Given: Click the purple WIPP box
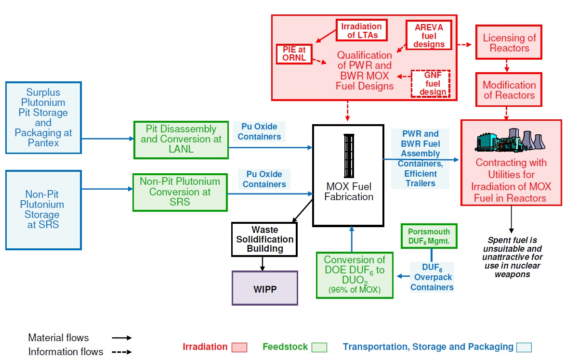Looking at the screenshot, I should click(264, 288).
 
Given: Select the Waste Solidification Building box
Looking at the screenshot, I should click(264, 239).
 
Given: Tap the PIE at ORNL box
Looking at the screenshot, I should click(294, 54).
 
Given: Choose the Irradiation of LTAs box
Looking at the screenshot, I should click(361, 30).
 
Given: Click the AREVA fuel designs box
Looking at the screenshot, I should click(429, 35).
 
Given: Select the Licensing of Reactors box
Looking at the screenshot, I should click(509, 43).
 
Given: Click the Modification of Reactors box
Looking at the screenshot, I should click(509, 90).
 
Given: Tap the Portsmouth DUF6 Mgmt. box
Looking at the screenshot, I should click(429, 236).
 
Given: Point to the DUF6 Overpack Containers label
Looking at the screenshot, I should click(432, 278).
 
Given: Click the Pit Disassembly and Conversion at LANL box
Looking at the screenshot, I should click(181, 140).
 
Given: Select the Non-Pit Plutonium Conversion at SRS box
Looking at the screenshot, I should click(180, 192).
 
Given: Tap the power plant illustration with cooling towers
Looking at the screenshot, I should click(511, 140).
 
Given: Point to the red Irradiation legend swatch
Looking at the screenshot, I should click(239, 347).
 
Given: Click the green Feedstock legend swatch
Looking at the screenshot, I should click(319, 347).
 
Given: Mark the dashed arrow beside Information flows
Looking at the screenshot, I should click(122, 352).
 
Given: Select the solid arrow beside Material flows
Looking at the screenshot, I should click(122, 338).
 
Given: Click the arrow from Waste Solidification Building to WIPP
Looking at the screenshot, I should click(263, 263).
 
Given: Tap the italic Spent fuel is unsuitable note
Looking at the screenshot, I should click(512, 257).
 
